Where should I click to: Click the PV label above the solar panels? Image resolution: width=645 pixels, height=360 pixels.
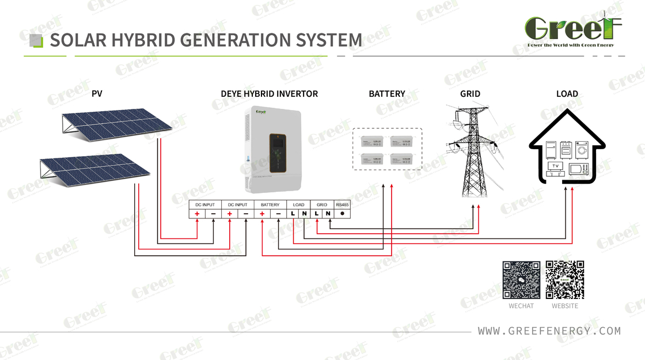pos(97,93)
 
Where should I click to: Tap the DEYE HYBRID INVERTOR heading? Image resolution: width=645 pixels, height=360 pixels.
pos(269,93)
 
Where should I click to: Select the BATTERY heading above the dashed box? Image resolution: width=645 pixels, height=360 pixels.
pos(387,93)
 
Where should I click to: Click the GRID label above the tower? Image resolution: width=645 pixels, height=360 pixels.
pos(470,93)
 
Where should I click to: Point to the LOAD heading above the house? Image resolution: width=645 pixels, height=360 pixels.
pos(567,93)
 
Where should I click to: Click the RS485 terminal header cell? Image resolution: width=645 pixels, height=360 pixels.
pos(342,204)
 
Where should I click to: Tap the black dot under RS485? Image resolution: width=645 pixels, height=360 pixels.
pos(342,214)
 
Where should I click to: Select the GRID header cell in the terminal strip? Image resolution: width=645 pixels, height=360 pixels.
pos(322,204)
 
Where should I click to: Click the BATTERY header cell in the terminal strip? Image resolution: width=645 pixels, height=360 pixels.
pos(270,204)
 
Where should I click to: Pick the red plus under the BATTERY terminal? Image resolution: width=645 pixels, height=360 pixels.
pos(262,214)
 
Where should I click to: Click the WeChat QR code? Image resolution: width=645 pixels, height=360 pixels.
pos(521,280)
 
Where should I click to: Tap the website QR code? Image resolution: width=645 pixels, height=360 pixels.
pos(565,280)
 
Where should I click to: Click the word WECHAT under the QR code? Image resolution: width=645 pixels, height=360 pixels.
pos(521,306)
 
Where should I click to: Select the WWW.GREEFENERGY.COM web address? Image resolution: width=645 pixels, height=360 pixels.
pos(549,331)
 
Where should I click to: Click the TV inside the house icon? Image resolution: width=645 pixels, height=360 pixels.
pos(556,167)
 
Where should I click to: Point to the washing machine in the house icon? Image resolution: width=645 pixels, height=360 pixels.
pos(582,150)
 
